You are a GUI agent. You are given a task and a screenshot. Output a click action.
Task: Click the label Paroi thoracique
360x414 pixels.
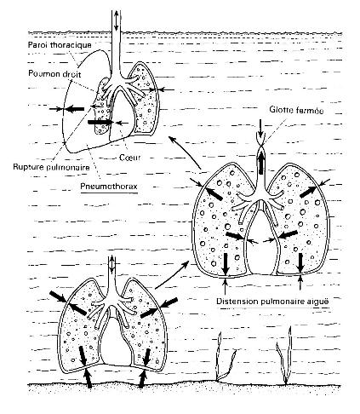60,45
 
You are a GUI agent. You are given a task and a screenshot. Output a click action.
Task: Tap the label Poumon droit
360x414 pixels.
54,74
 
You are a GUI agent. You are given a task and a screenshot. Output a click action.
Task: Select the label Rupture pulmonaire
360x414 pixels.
51,167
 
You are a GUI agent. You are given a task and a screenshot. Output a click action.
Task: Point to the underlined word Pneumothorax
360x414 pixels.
109,187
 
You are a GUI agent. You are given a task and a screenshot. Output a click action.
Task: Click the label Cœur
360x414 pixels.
129,157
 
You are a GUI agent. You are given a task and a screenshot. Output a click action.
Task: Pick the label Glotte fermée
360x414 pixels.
296,110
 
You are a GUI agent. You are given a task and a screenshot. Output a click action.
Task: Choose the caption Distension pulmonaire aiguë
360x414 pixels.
272,301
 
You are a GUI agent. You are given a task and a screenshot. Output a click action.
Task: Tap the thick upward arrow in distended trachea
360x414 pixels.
261,161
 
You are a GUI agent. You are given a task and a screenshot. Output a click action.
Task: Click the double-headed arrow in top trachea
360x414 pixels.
116,20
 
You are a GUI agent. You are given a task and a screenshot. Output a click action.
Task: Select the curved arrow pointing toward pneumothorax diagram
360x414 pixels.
185,152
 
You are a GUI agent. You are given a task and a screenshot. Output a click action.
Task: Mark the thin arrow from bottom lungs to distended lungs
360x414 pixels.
172,275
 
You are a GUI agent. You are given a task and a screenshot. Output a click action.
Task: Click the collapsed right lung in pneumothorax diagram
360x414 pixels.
103,108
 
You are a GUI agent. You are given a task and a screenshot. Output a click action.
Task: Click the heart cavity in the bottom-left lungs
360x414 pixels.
116,341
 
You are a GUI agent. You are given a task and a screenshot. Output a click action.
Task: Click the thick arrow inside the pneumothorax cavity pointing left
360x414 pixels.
75,108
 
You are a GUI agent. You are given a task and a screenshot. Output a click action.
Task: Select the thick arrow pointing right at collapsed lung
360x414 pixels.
100,122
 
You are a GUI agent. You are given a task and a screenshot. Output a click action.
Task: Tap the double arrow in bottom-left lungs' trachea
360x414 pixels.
112,265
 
